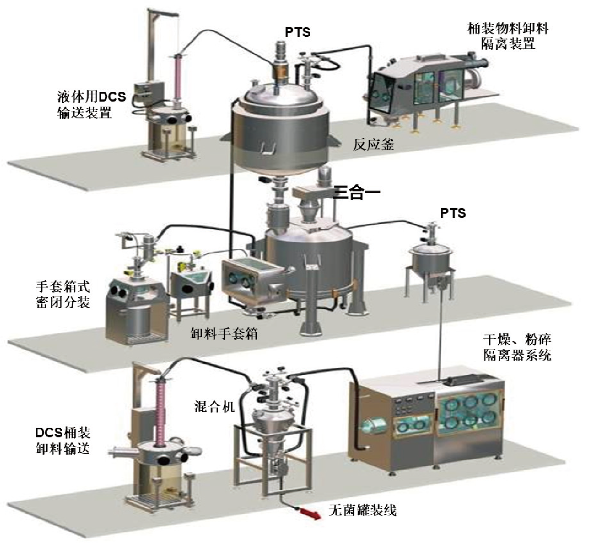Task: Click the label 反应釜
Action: [x=373, y=145]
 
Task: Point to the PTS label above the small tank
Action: [x=453, y=213]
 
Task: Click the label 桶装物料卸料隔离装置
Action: [x=508, y=36]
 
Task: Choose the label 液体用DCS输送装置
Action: [x=91, y=105]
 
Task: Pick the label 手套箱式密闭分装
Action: [x=63, y=295]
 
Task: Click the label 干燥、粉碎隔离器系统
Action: [x=517, y=348]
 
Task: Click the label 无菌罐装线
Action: [x=362, y=510]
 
